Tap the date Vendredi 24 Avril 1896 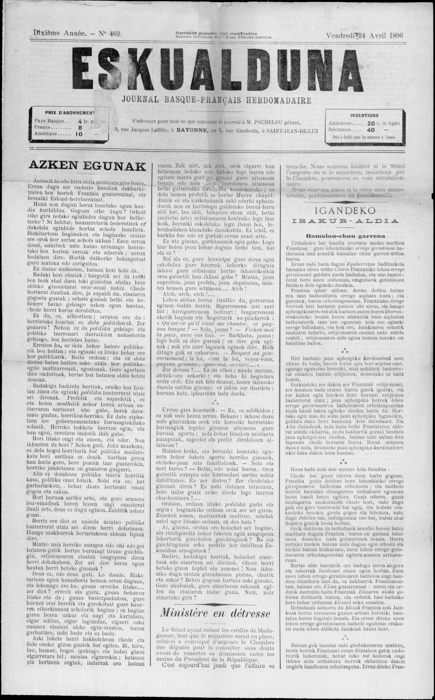(364, 35)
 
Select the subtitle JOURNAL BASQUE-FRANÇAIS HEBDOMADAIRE (217, 100)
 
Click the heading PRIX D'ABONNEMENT (70, 113)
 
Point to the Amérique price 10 (79, 134)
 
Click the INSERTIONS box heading (364, 115)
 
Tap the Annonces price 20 (371, 123)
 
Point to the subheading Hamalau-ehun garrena (345, 236)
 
